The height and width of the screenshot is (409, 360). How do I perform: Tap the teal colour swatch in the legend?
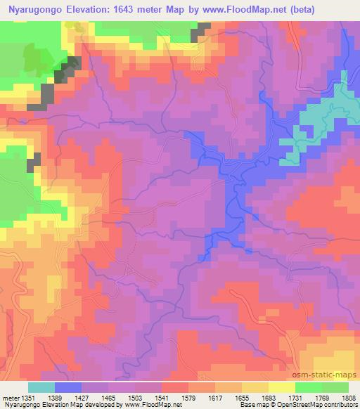tap(41, 387)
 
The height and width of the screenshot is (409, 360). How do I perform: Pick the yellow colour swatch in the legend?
tap(282, 387)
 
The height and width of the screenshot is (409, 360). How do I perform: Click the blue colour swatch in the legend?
tap(68, 387)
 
